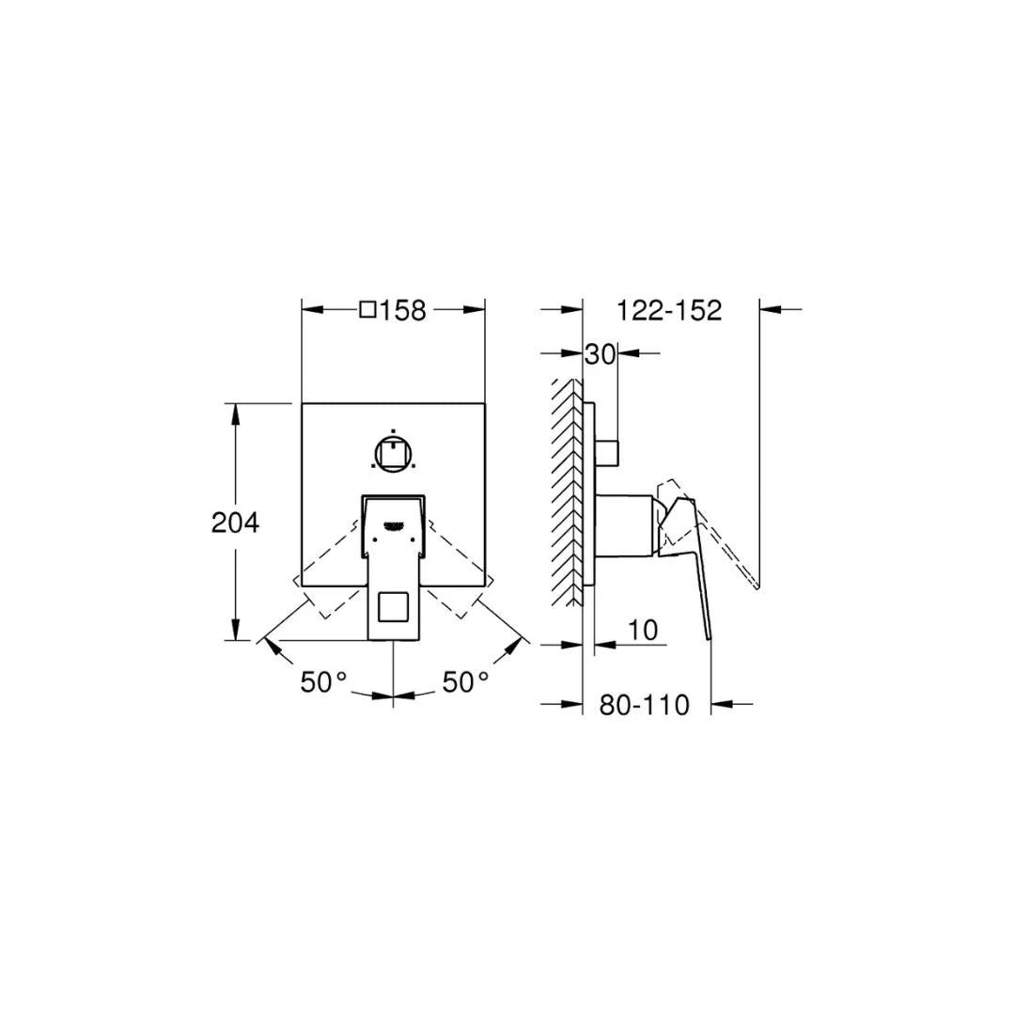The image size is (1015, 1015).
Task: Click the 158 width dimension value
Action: pos(403,309)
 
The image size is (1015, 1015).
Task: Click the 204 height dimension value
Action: pos(235,523)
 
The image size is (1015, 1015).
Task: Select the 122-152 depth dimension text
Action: pos(669,309)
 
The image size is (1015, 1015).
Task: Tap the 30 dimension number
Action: pos(600,354)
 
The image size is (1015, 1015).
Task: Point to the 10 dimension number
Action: pos(643,631)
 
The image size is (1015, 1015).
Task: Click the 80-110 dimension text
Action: pos(645,704)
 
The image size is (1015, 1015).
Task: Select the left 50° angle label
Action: pos(324,682)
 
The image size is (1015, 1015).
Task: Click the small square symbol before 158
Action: pos(368,308)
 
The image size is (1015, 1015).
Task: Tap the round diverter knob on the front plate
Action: pos(392,454)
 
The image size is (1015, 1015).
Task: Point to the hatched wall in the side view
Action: pos(568,493)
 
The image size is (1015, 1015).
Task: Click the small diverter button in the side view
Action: pos(606,452)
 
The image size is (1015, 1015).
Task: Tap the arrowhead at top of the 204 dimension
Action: pos(236,414)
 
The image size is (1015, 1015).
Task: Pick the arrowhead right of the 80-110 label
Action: pos(724,702)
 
